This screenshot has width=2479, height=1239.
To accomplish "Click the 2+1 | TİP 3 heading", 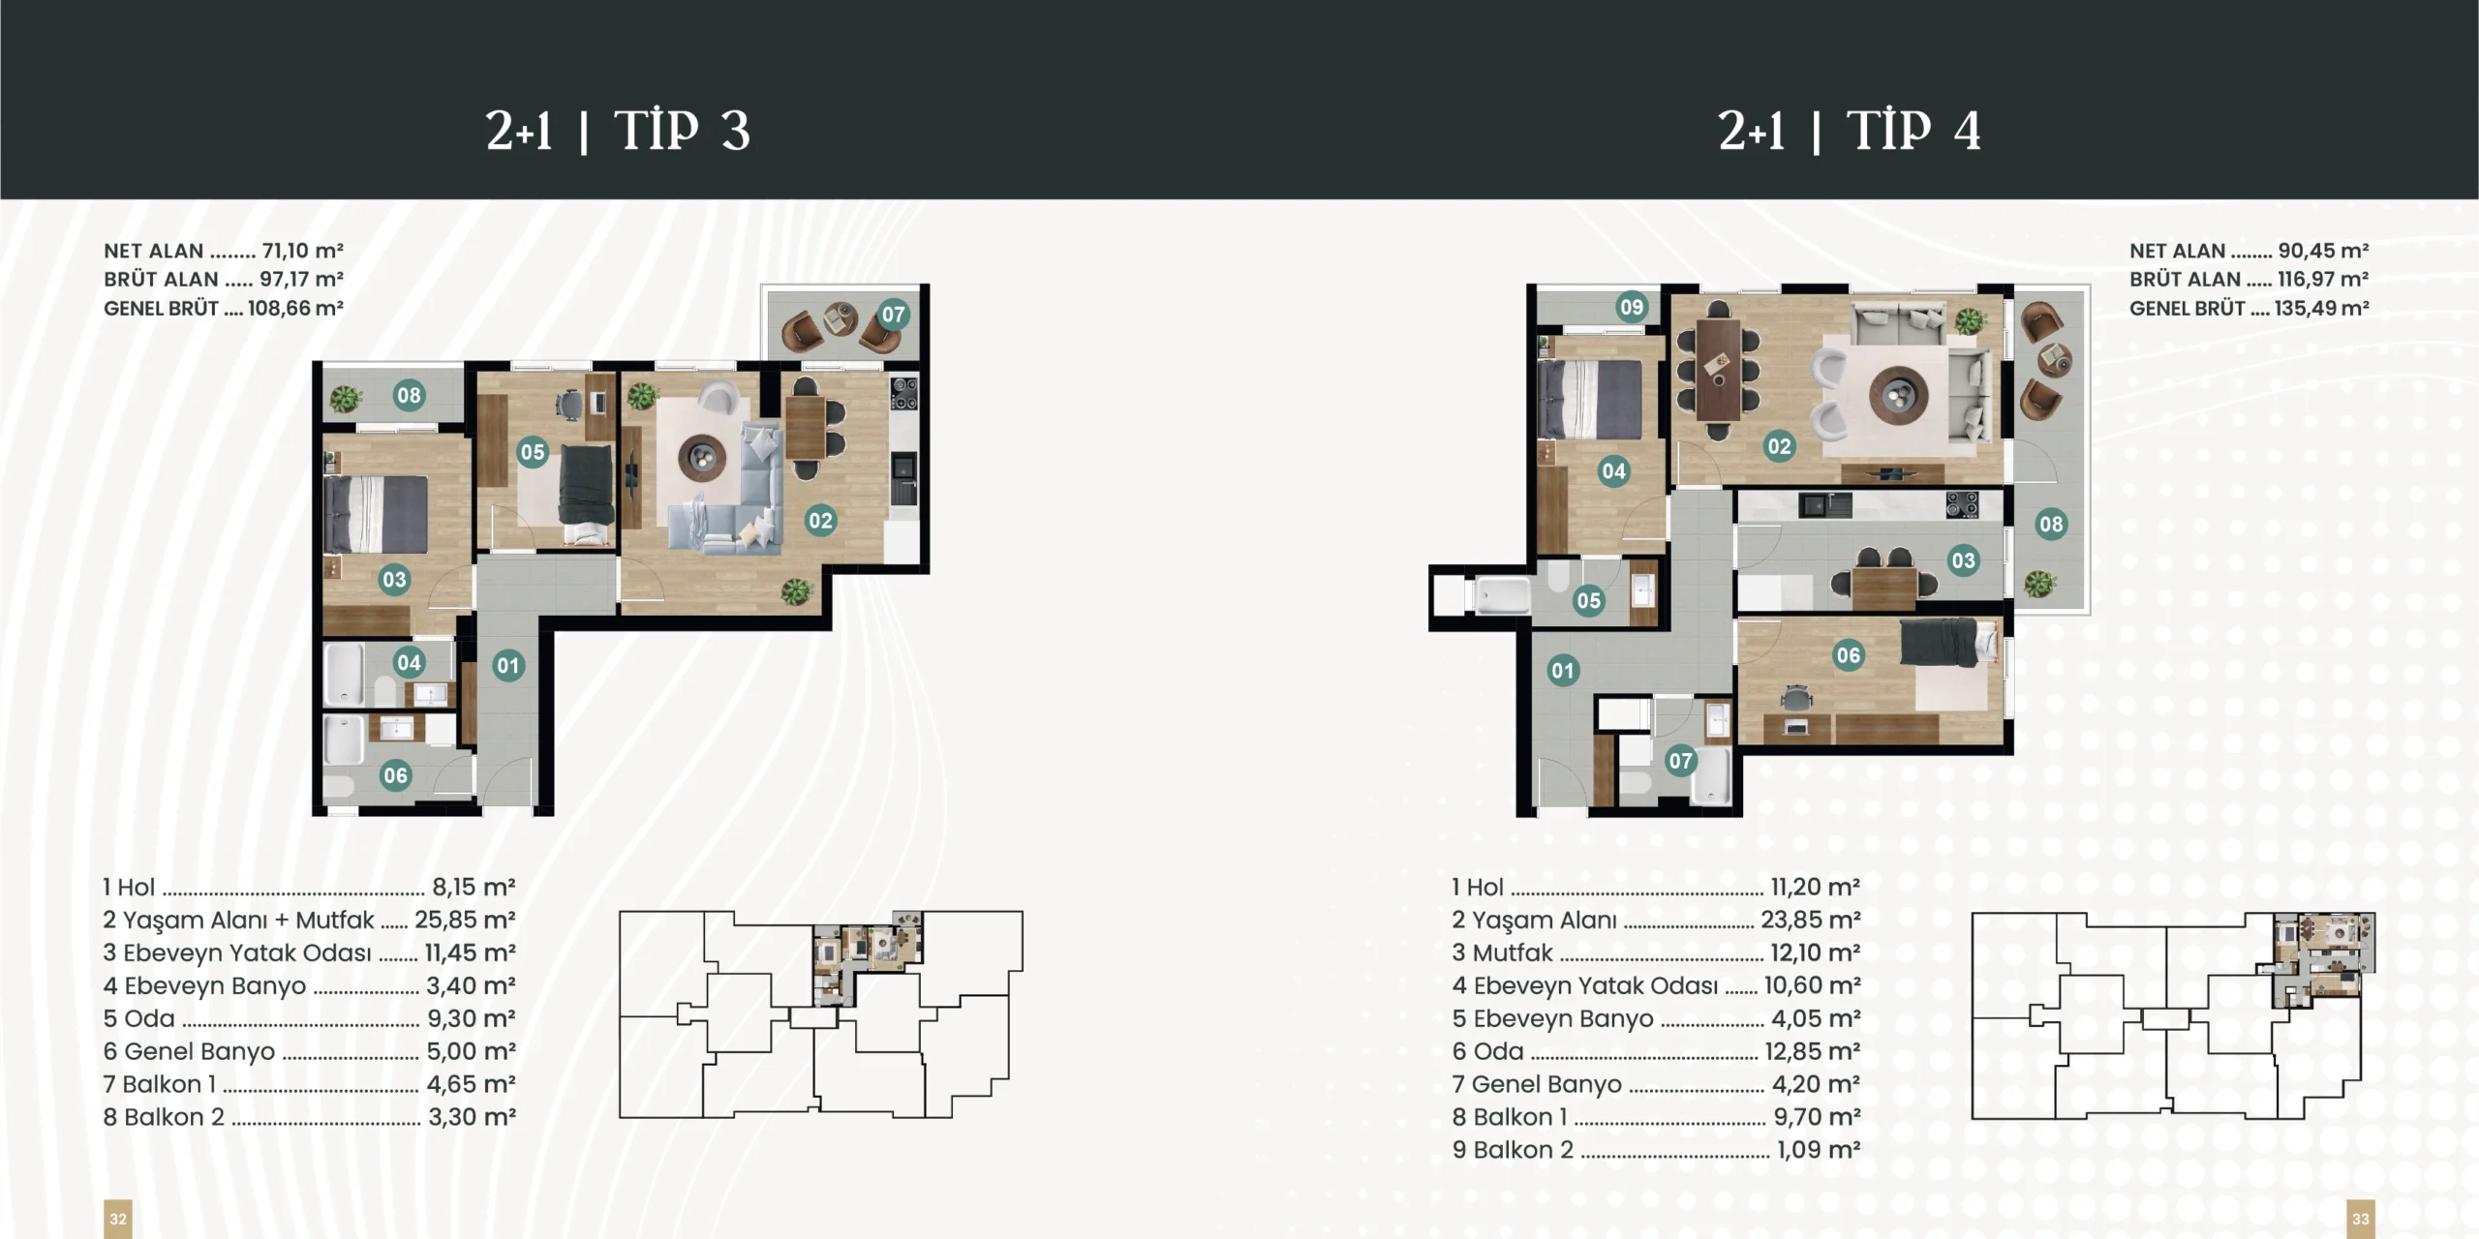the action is pyautogui.click(x=618, y=131).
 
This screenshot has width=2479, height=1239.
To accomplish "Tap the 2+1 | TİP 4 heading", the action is pyautogui.click(x=1850, y=131).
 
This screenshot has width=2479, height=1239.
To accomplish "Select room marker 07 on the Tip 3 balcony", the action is pyautogui.click(x=893, y=314).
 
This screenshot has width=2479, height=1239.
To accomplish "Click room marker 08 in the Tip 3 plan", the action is pyautogui.click(x=409, y=395).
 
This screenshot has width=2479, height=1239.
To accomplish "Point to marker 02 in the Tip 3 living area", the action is pyautogui.click(x=820, y=521).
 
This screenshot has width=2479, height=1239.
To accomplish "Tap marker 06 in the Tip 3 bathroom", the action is pyautogui.click(x=395, y=775).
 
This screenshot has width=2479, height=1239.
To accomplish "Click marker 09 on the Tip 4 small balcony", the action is pyautogui.click(x=1632, y=307).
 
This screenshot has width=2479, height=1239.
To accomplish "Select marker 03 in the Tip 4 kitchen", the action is pyautogui.click(x=1963, y=560).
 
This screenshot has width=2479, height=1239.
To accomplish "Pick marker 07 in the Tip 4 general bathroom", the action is pyautogui.click(x=1680, y=761).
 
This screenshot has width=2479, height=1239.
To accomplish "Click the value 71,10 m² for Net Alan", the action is pyautogui.click(x=302, y=251).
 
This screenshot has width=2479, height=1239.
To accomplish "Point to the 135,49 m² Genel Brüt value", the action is pyautogui.click(x=2321, y=309).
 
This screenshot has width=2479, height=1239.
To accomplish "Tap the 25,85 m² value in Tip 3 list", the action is pyautogui.click(x=465, y=920).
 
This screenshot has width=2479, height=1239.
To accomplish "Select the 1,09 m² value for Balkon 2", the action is pyautogui.click(x=1819, y=1150).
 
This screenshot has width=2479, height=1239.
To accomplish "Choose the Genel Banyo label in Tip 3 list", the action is pyautogui.click(x=199, y=1051).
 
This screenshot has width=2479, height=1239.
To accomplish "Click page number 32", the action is pyautogui.click(x=118, y=1219).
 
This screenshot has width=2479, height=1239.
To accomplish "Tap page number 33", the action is pyautogui.click(x=2361, y=1219).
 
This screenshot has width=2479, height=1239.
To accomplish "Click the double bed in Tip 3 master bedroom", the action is pyautogui.click(x=376, y=514).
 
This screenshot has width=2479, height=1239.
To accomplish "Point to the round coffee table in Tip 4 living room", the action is pyautogui.click(x=1899, y=395).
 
